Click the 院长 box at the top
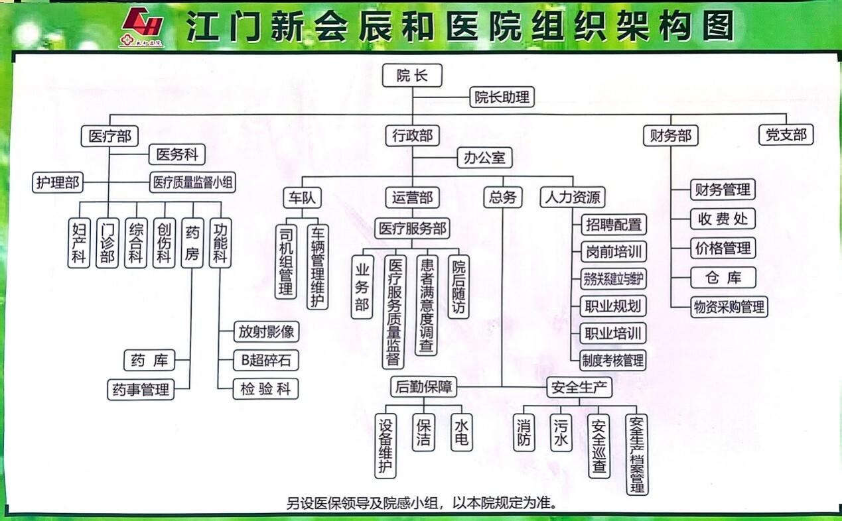(x=412, y=76)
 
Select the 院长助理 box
(x=502, y=97)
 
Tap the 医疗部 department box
(x=109, y=137)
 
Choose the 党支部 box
(x=786, y=135)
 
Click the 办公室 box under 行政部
(x=484, y=158)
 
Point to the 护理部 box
(x=58, y=182)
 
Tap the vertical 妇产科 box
(x=79, y=243)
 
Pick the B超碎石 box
(x=265, y=360)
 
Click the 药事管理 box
(x=141, y=389)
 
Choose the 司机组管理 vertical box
(x=286, y=260)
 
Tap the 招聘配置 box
(x=613, y=225)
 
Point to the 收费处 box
(x=723, y=219)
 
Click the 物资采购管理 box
(x=729, y=307)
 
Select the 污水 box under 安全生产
(x=561, y=433)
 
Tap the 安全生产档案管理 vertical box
(x=637, y=454)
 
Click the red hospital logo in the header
(x=142, y=27)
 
